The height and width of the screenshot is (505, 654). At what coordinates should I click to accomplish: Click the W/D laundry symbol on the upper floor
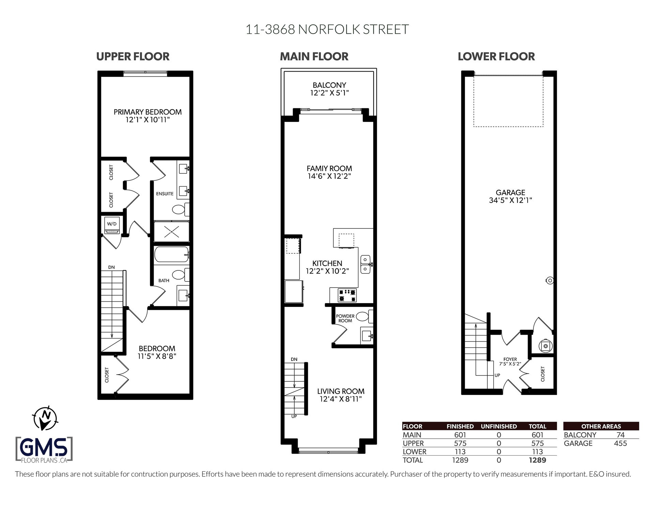click(112, 225)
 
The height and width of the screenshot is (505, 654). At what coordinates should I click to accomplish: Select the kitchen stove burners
click(347, 295)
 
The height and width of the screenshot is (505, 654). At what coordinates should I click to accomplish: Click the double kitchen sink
click(365, 264)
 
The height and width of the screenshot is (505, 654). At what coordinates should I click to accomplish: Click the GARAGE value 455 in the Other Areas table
click(620, 443)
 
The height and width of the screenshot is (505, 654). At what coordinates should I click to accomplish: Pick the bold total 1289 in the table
click(537, 460)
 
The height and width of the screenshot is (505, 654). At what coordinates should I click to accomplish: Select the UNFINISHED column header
click(499, 426)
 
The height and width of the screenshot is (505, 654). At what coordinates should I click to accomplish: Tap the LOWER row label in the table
click(415, 452)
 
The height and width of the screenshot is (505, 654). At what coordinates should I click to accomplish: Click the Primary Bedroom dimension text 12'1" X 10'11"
click(147, 120)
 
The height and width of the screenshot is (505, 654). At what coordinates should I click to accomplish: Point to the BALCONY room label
click(329, 85)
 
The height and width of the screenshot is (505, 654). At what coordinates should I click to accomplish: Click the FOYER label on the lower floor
click(510, 359)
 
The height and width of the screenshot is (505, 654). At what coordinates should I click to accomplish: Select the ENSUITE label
click(165, 194)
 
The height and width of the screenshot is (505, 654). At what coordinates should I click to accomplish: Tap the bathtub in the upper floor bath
click(171, 254)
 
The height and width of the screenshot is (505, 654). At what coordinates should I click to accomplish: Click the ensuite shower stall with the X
click(171, 232)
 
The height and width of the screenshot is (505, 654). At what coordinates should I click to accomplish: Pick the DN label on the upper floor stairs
click(111, 267)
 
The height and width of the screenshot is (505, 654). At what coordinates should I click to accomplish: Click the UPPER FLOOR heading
click(133, 57)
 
